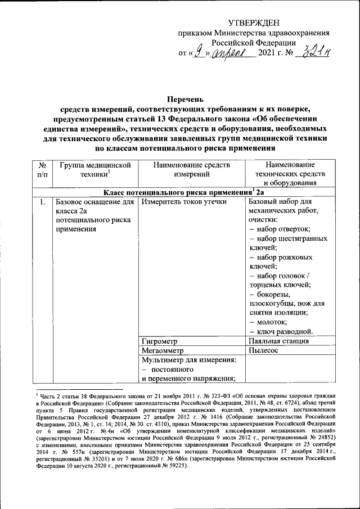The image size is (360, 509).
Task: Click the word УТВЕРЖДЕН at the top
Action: click(x=253, y=22)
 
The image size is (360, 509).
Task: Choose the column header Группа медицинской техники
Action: click(x=93, y=170)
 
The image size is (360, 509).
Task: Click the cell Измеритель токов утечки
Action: click(x=184, y=201)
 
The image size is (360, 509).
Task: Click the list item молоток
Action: click(x=272, y=322)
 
